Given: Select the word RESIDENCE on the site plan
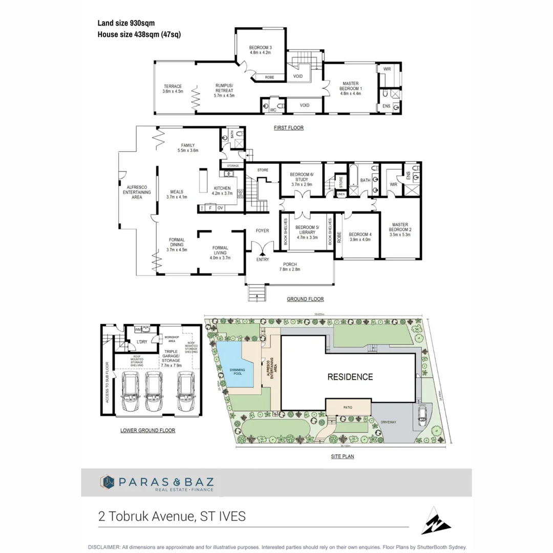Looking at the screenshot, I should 350,377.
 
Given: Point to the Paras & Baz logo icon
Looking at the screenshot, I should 107,482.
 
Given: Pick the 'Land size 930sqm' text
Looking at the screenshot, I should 126,23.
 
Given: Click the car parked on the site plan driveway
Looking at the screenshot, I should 423,414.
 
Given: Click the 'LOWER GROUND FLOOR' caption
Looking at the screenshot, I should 147,431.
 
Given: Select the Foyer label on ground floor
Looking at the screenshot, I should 262,231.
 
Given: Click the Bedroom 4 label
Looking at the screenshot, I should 360,237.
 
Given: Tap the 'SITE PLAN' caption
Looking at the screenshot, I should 343,456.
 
